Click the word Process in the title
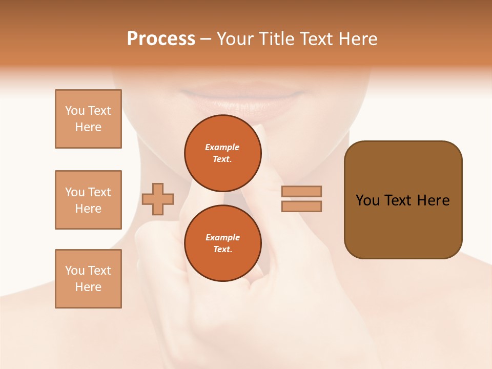pos(161,39)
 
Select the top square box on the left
pos(88,119)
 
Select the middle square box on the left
pos(88,200)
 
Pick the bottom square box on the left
pos(88,279)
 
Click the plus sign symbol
pos(158,199)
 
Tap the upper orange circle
pos(222,153)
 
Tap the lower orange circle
pos(222,243)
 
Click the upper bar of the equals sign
pos(301,191)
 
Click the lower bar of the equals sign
pos(301,207)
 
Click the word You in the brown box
pos(367,200)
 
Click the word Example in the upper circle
pos(222,147)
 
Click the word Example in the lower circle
pos(222,237)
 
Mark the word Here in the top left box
pos(88,127)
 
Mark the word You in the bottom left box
pos(75,271)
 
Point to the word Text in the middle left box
pos(99,192)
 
